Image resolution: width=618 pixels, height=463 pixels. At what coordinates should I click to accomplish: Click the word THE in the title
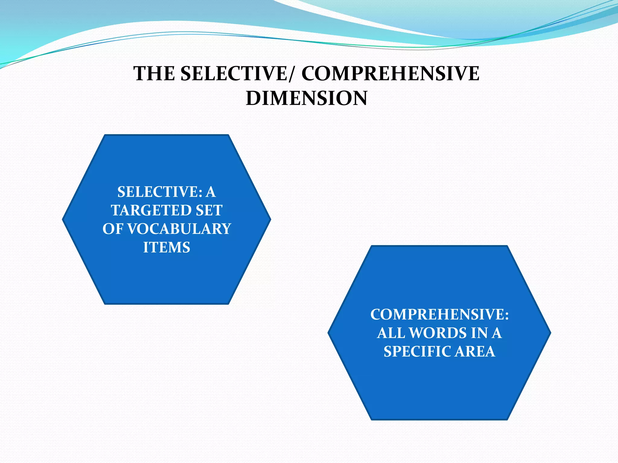[154, 74]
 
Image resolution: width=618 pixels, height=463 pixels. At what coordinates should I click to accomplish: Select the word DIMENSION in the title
[307, 98]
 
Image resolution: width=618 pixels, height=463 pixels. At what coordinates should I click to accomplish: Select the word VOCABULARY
[179, 229]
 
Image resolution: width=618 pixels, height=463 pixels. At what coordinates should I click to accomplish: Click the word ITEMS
[167, 247]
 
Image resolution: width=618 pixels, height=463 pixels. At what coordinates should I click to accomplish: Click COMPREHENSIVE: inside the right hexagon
[439, 315]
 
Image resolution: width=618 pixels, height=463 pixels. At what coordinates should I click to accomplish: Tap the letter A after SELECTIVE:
[211, 192]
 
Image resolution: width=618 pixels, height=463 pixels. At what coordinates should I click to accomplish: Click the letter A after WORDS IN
[496, 333]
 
